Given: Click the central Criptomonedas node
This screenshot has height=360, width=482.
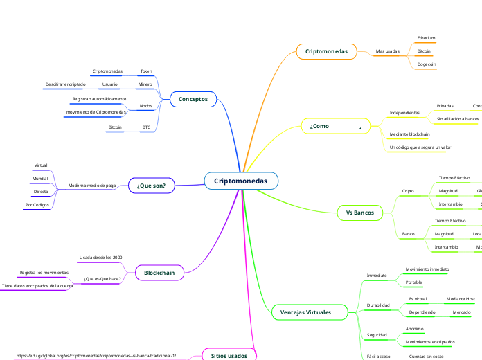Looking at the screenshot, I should tap(241, 181).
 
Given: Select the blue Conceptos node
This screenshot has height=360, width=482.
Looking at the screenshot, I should tap(193, 99).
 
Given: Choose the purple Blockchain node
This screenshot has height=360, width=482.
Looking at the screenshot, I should tap(159, 273).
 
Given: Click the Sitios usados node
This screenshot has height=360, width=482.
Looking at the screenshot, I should tap(229, 355).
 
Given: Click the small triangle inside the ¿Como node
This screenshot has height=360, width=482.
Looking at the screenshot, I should tap(360, 129).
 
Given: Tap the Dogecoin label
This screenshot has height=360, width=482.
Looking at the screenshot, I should tap(426, 64).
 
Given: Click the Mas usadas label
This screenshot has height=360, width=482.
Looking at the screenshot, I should tap(387, 51).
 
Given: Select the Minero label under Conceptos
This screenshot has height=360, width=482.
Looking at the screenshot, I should tap(145, 84).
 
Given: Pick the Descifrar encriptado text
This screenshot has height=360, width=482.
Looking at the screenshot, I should tap(65, 84).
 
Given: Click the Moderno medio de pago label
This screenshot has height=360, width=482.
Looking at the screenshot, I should tap(92, 186).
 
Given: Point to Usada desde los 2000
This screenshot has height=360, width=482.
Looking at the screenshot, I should tap(101, 258).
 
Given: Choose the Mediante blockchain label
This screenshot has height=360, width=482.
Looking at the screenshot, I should tap(409, 134).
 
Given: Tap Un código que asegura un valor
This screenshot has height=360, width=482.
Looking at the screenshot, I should tap(420, 147).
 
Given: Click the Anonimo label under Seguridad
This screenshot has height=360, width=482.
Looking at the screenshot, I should tap(414, 329).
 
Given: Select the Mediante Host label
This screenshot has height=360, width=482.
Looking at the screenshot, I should tap(461, 299).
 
